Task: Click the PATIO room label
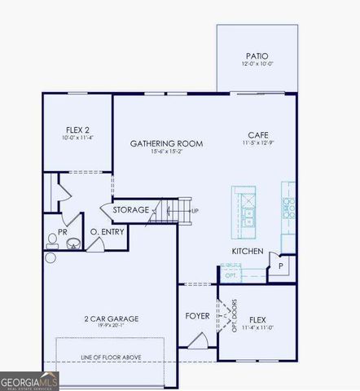(255, 55)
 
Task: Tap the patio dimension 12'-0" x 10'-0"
(255, 64)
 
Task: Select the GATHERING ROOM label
(166, 143)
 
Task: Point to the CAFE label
(259, 135)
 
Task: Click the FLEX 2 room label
(79, 130)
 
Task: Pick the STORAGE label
(131, 210)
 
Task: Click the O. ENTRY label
(106, 231)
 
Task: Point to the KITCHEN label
(248, 251)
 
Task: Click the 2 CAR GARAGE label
(111, 319)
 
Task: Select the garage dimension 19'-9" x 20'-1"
(111, 327)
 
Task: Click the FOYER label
(197, 315)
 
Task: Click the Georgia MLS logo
(29, 380)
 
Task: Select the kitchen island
(244, 209)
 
